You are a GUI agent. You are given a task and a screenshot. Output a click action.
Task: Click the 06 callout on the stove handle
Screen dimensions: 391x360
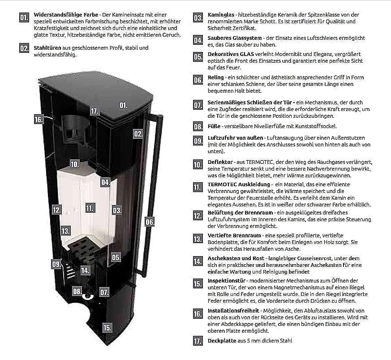[x=150, y=222]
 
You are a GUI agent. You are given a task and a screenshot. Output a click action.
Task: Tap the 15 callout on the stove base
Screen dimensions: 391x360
[x=107, y=327]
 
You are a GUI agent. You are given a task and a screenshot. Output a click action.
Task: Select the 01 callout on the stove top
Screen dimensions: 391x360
[x=123, y=106]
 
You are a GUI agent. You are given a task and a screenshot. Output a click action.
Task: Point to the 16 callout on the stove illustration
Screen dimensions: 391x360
[x=39, y=120]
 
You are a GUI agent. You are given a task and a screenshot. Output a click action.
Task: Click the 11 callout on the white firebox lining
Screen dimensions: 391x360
[x=90, y=208]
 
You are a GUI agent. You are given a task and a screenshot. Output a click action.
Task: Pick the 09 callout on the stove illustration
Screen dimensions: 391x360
[x=56, y=264]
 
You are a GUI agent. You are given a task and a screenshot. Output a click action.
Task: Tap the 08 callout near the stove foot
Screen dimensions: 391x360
[x=77, y=291]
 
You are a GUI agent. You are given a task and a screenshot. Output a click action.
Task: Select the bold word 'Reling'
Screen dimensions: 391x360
[x=215, y=77]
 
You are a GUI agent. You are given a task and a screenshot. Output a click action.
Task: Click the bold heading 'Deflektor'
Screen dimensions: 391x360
[x=220, y=162]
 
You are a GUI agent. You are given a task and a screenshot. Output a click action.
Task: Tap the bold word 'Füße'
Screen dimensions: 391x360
[x=214, y=126]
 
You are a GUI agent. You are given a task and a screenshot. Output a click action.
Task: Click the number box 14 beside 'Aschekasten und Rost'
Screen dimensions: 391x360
[x=198, y=261]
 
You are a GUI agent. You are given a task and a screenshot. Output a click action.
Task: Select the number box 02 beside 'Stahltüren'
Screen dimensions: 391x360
[x=24, y=48]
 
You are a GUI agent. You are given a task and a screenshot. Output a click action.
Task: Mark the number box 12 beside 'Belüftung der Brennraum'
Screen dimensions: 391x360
[x=198, y=215]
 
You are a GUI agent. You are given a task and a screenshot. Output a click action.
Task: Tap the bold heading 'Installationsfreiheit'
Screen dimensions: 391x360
[x=233, y=311]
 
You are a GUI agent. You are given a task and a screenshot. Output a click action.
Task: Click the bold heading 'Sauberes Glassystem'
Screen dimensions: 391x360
[x=235, y=38]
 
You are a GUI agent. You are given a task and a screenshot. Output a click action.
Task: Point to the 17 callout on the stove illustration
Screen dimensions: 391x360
[x=95, y=111]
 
